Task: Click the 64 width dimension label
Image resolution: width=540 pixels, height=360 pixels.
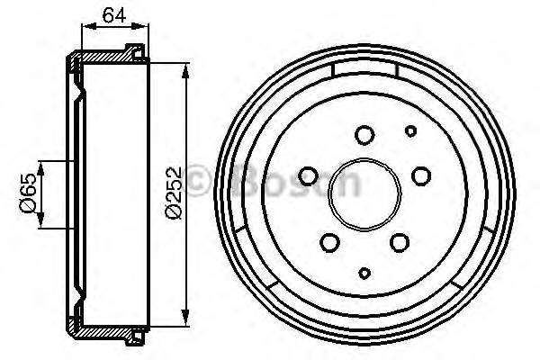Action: (x=113, y=14)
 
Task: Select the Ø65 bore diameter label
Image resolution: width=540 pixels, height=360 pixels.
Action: (x=27, y=193)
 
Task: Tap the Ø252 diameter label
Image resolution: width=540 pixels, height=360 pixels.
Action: (x=174, y=192)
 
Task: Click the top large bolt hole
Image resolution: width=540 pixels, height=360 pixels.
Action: (x=364, y=136)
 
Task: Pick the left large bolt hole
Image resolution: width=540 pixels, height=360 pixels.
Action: (x=309, y=175)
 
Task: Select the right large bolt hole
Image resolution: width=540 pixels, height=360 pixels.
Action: (x=421, y=176)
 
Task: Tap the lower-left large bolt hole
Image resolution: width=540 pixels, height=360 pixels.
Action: (x=329, y=241)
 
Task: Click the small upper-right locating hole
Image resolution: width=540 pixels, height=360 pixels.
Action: (x=410, y=131)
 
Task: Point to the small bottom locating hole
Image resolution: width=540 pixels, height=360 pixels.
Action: (x=364, y=273)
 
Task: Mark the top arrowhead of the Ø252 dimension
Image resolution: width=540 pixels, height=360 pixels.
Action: (x=186, y=68)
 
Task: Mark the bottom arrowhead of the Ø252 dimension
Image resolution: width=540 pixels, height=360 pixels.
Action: (x=186, y=316)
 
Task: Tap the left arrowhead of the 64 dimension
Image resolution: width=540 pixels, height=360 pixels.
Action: (x=85, y=31)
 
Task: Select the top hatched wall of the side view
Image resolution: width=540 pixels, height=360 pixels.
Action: (x=108, y=57)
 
